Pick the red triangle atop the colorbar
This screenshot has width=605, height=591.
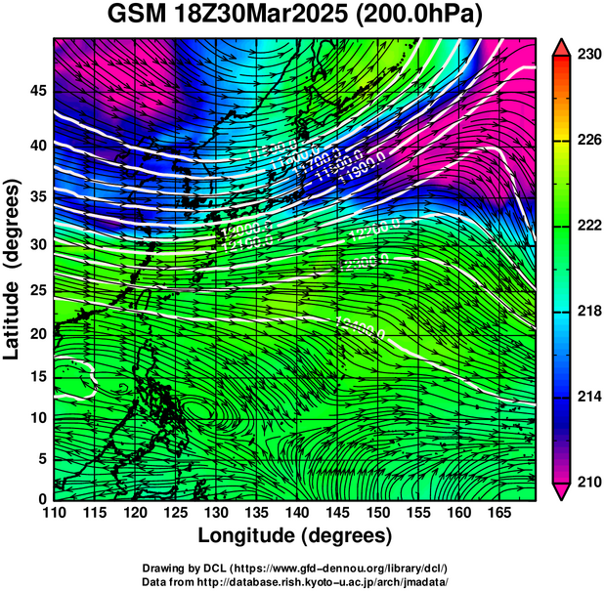pos(562,46)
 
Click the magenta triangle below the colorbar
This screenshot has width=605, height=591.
pos(562,491)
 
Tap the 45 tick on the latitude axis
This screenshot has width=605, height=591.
pos(40,91)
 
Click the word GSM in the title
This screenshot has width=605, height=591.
pos(139,17)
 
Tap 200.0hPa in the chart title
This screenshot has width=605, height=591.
pos(433,17)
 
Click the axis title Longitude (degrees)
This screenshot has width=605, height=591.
pos(295,536)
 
